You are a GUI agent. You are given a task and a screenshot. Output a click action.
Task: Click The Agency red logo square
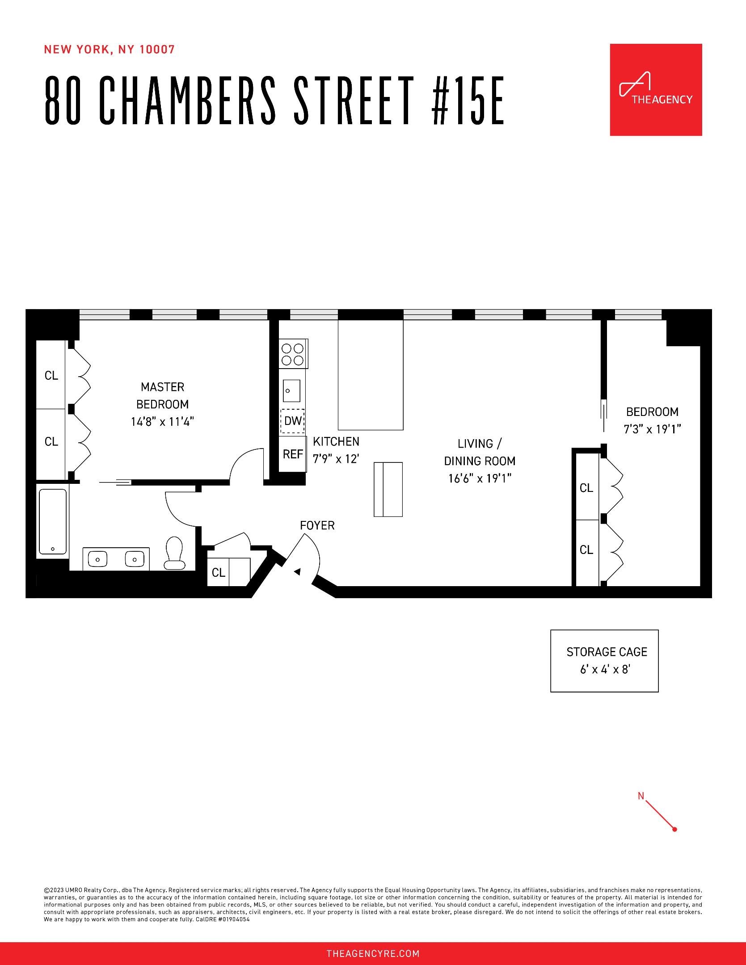tap(656, 89)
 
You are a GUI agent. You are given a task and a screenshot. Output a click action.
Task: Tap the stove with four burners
tap(293, 354)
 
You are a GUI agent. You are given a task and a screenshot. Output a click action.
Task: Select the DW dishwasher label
tap(293, 421)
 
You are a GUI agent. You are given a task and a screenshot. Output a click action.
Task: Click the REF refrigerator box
tap(293, 454)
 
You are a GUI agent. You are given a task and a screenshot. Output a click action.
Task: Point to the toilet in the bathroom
tap(175, 554)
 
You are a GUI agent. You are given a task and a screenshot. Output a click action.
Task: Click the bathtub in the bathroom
tap(53, 521)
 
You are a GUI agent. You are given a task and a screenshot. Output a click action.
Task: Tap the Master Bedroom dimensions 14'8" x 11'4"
tap(162, 422)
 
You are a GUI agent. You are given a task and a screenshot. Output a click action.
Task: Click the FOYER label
tap(317, 525)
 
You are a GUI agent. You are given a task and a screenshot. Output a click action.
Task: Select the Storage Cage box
tap(604, 661)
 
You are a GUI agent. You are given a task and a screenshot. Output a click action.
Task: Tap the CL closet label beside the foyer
tap(219, 572)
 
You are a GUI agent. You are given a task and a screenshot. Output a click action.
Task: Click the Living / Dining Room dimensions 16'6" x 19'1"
tap(480, 478)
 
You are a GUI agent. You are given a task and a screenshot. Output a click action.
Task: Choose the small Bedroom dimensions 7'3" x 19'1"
tap(652, 429)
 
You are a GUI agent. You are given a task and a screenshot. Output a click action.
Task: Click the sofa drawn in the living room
tap(388, 489)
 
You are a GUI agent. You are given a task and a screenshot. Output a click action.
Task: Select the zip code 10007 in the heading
tap(157, 50)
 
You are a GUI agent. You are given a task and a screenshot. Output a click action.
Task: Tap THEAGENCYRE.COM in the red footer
tap(373, 954)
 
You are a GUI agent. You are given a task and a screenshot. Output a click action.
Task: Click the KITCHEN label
tap(336, 441)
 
